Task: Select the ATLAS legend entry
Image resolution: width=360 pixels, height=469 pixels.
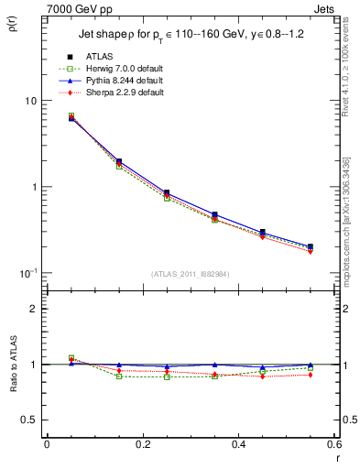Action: coord(99,57)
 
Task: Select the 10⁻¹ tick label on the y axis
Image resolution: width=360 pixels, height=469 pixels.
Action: coord(27,273)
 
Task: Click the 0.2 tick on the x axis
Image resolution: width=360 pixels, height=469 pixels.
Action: coord(143,444)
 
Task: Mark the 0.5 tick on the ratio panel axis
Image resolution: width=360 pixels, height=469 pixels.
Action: coord(29,420)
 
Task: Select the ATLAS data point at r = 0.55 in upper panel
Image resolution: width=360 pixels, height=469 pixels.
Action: coord(311,246)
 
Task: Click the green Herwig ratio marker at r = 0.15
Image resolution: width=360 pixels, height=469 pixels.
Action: coord(119,376)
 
